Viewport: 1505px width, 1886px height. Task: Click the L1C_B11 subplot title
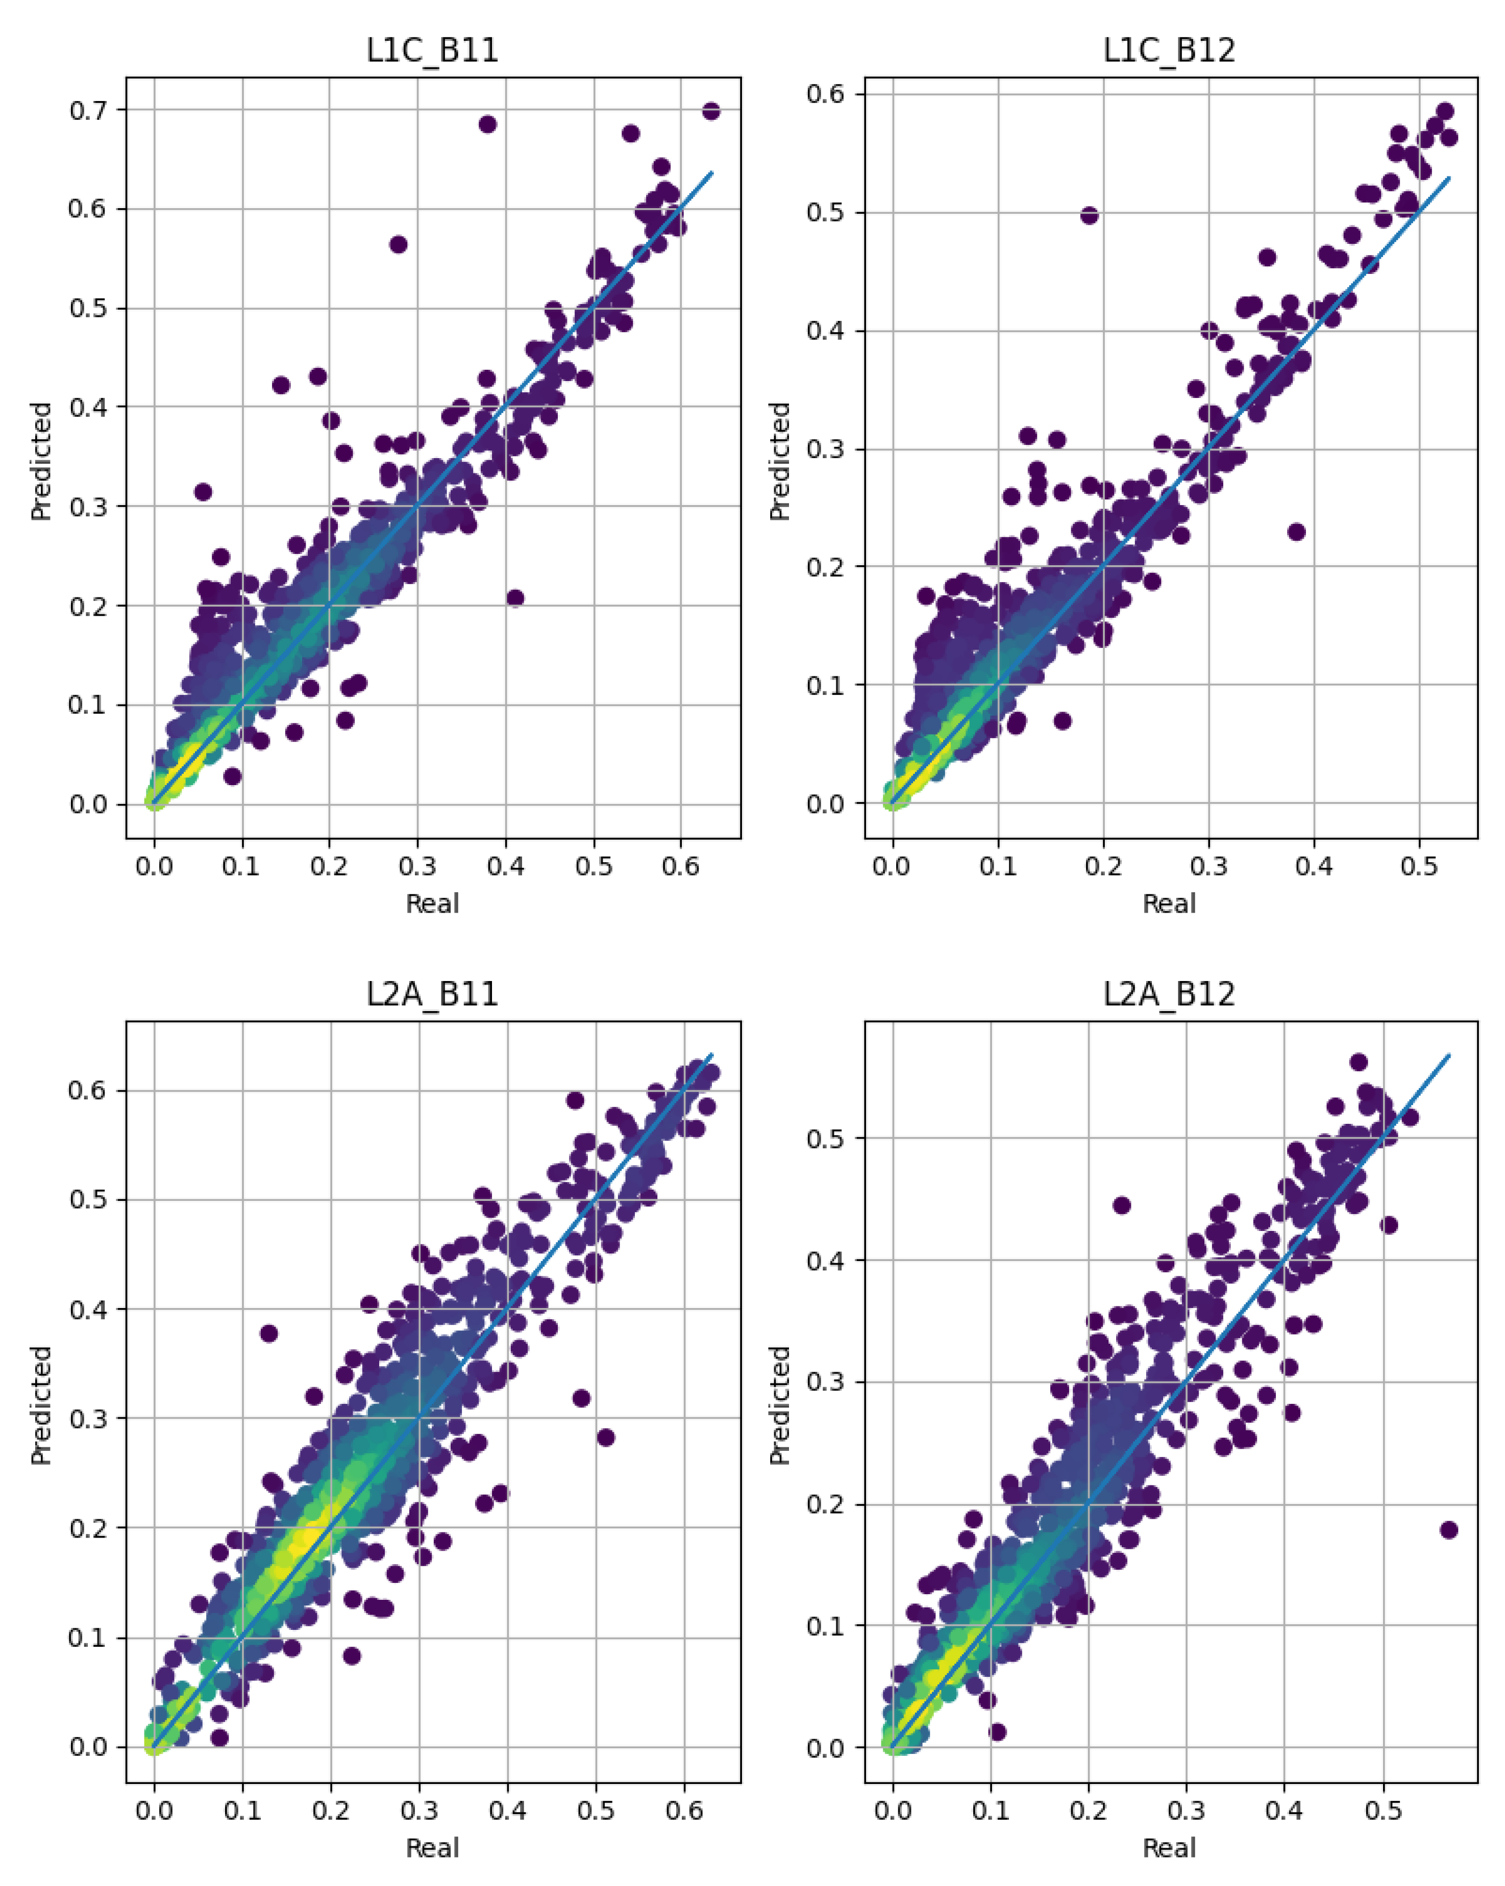(432, 50)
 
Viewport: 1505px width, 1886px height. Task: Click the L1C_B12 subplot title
(1169, 50)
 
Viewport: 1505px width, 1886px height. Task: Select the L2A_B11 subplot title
(432, 994)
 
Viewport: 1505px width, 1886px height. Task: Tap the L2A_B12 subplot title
(1169, 994)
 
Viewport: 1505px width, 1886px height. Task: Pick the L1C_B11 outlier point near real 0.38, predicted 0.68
(487, 124)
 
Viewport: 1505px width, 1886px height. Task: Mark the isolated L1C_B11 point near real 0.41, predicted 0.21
(515, 597)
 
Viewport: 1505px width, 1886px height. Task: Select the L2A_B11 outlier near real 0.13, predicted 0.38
(268, 1333)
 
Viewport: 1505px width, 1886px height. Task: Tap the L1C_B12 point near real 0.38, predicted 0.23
(1296, 532)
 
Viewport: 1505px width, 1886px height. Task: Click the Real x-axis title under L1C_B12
(1169, 903)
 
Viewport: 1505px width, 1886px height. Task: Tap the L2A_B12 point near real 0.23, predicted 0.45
(1122, 1205)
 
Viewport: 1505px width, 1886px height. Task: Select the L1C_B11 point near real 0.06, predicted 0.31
(203, 492)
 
